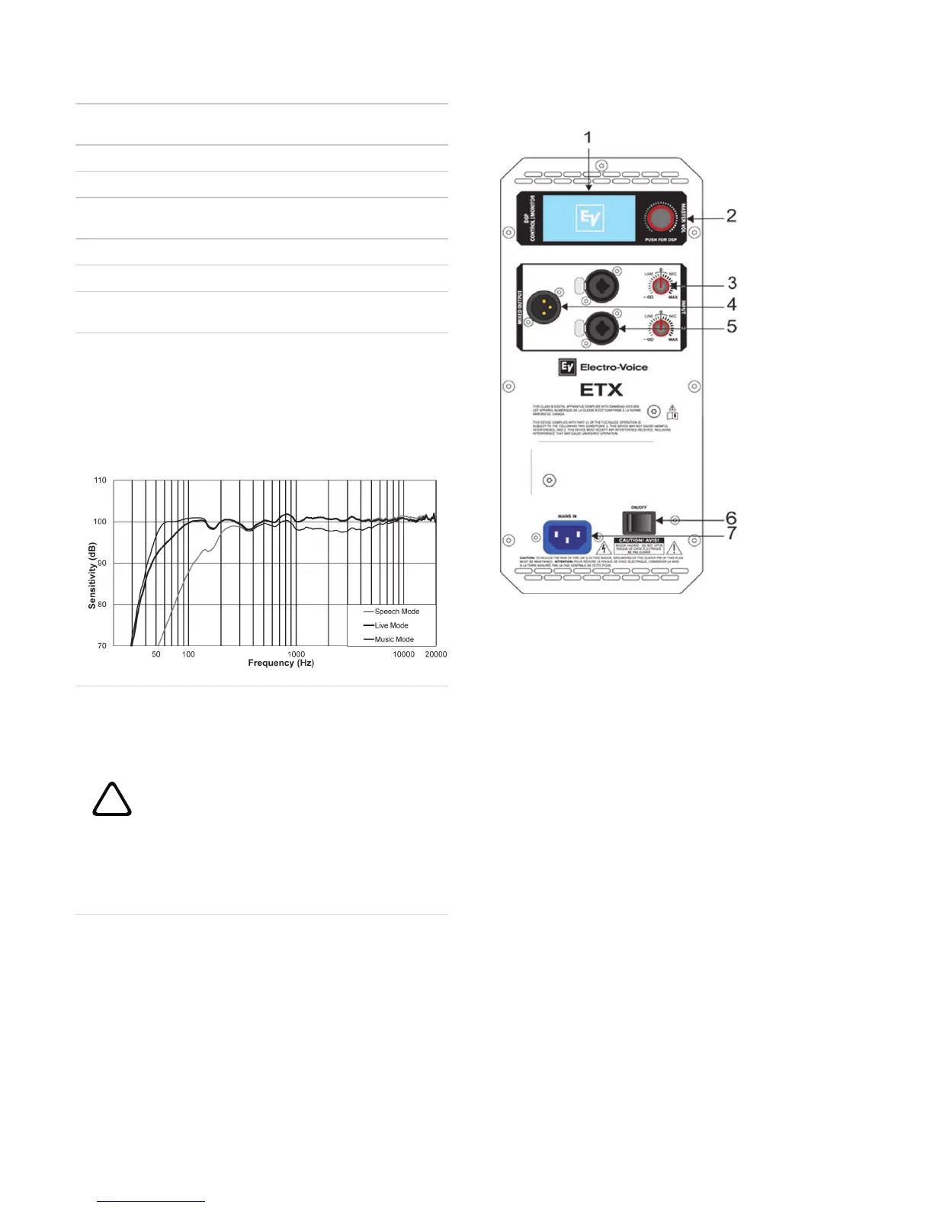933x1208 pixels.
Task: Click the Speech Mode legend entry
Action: click(x=396, y=612)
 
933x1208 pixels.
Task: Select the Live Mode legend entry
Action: click(x=391, y=625)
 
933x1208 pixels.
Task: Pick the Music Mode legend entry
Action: click(x=394, y=640)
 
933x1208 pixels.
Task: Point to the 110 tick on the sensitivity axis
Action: click(x=100, y=480)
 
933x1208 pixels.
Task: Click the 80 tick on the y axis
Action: click(x=101, y=605)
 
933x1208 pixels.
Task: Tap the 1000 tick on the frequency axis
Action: click(x=297, y=654)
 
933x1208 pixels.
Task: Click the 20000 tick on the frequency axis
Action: click(x=435, y=654)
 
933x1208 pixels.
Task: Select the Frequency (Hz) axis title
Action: click(x=281, y=663)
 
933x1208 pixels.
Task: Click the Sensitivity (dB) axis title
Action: click(x=92, y=575)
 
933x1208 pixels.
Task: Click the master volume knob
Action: click(x=660, y=219)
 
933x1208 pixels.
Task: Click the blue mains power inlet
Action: click(x=567, y=537)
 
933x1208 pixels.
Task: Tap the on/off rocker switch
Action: click(x=639, y=522)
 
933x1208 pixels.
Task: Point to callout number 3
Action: click(x=732, y=284)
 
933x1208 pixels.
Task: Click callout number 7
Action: click(x=732, y=534)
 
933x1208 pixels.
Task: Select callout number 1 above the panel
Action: click(x=588, y=137)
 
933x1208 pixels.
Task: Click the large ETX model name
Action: click(x=601, y=390)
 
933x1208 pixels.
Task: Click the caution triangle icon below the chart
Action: click(x=112, y=800)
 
